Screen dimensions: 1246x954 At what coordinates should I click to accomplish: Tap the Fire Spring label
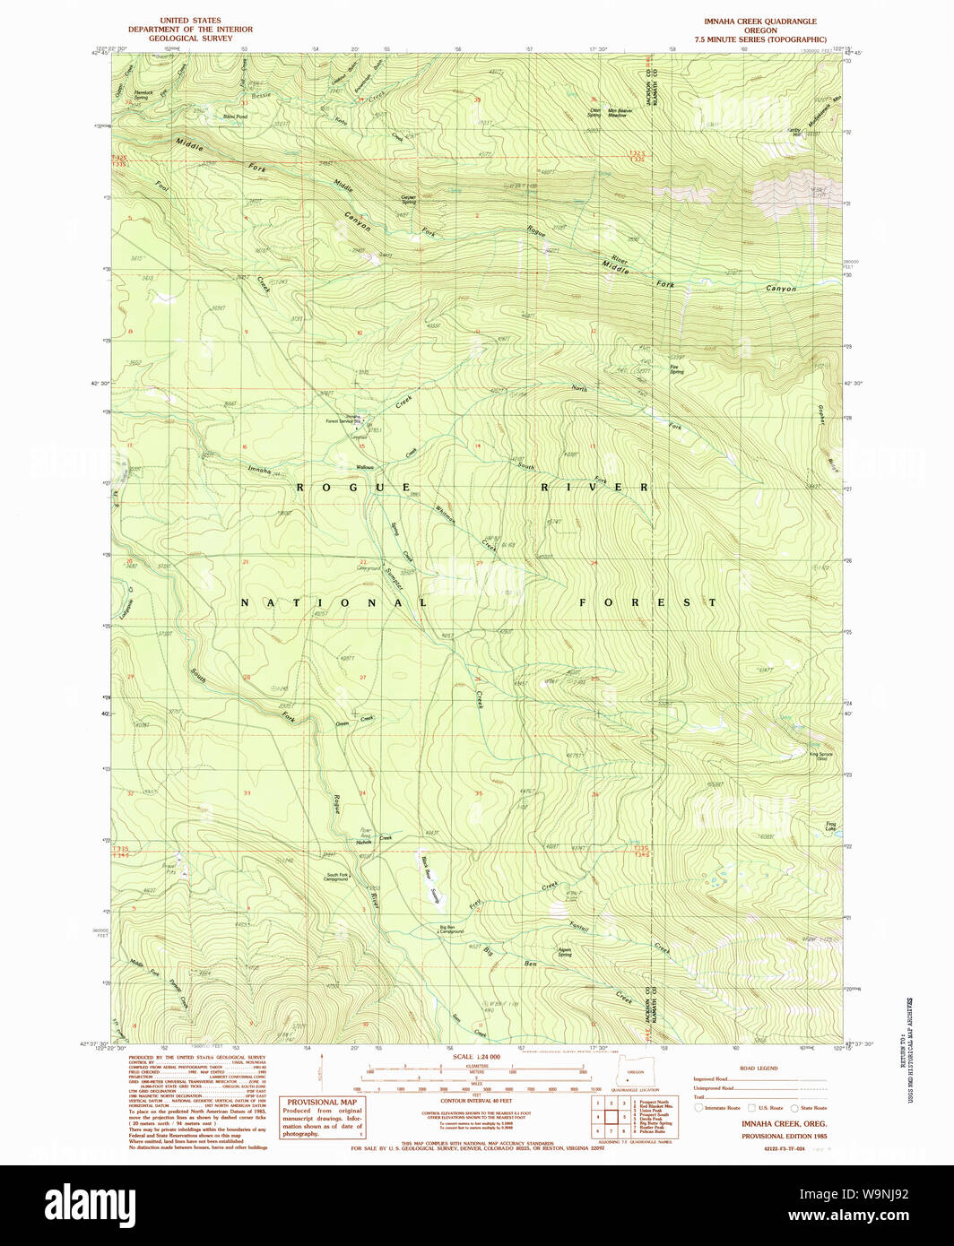pos(676,368)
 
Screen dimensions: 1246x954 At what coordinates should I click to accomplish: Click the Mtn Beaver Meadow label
pos(617,113)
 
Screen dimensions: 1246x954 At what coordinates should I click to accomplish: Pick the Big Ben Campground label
pos(451,929)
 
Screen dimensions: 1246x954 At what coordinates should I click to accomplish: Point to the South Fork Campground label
pos(336,877)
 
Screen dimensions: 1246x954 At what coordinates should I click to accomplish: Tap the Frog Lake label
pos(831,826)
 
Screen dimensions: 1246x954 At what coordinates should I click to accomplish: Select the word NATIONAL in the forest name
pos(334,603)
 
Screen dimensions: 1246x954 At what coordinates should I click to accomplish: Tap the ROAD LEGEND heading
pos(759,1069)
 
